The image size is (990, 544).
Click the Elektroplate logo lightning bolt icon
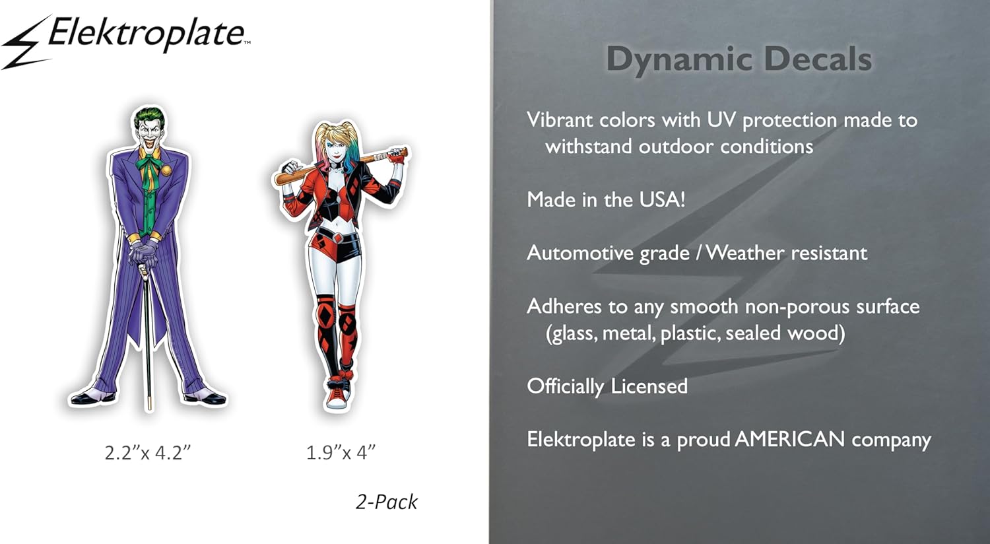click(x=25, y=44)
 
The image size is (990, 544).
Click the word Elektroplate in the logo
click(x=147, y=34)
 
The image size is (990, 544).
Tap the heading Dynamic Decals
click(x=739, y=59)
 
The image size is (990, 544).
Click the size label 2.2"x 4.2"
click(x=148, y=453)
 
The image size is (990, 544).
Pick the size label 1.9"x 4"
click(x=341, y=453)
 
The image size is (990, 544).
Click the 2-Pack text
click(x=386, y=502)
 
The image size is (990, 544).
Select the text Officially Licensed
click(x=607, y=386)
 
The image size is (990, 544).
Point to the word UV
click(x=721, y=120)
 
